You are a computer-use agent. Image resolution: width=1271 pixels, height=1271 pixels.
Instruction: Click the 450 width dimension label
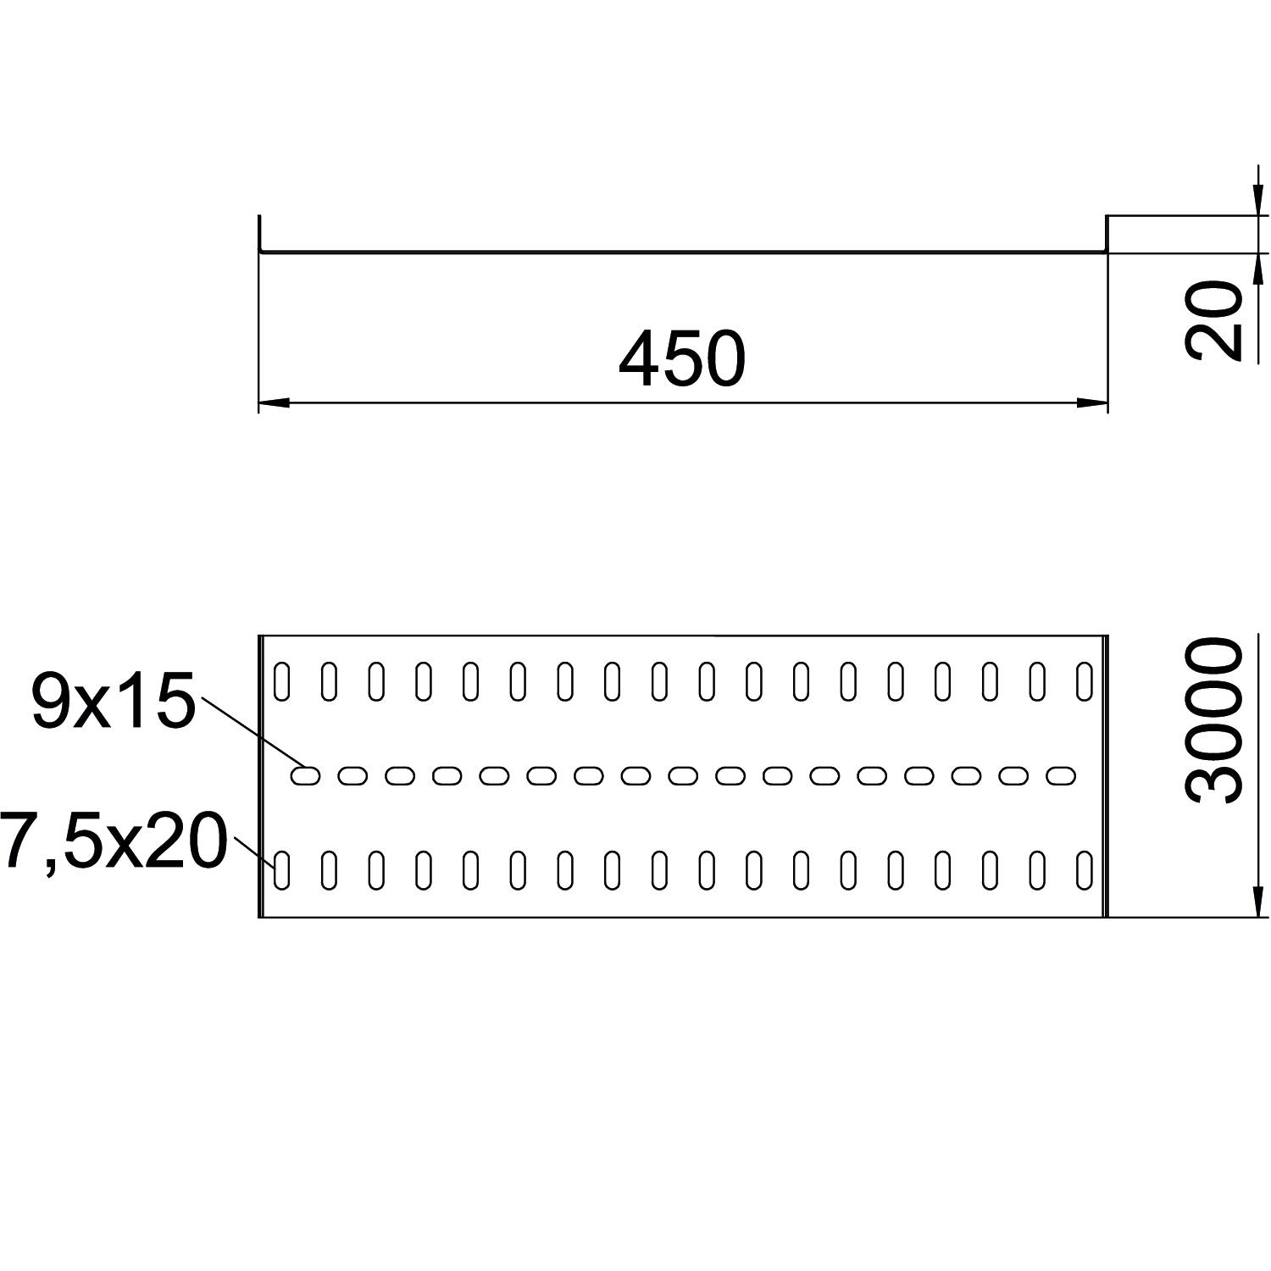682,359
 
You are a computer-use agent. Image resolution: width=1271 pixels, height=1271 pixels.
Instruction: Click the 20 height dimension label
1213,321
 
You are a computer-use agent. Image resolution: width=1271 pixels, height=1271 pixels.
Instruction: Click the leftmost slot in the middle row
306,774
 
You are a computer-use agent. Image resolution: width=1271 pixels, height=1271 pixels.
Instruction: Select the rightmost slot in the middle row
1061,774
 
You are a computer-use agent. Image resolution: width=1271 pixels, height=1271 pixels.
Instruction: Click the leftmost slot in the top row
282,682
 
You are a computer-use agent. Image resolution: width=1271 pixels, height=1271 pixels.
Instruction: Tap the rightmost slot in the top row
1084,682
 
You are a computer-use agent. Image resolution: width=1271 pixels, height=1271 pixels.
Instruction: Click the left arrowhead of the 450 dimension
273,403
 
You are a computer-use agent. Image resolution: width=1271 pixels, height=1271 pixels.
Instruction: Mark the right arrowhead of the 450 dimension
1093,403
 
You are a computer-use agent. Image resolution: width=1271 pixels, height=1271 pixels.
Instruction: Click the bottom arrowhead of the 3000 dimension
1258,902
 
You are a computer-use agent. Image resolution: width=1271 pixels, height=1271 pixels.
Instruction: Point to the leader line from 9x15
250,731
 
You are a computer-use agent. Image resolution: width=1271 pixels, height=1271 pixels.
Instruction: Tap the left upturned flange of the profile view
260,234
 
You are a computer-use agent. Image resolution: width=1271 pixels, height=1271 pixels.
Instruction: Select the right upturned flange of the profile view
1107,234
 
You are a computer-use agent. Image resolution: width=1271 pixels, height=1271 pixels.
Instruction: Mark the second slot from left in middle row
353,774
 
